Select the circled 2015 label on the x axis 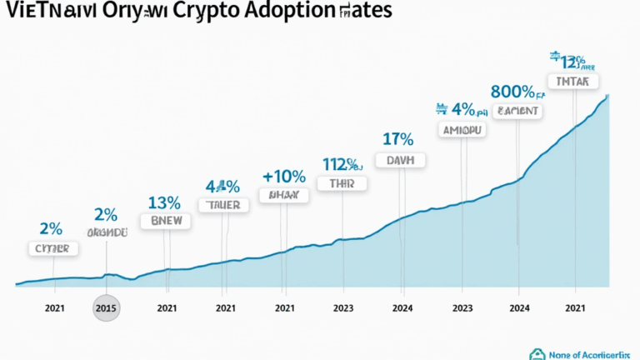[x=106, y=307]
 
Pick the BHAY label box [x=283, y=195]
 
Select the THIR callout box [x=342, y=183]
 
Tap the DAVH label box [x=401, y=160]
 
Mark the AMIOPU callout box [x=462, y=131]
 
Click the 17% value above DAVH [x=398, y=138]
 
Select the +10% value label [x=285, y=176]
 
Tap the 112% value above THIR [x=341, y=163]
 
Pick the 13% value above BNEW [x=164, y=202]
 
